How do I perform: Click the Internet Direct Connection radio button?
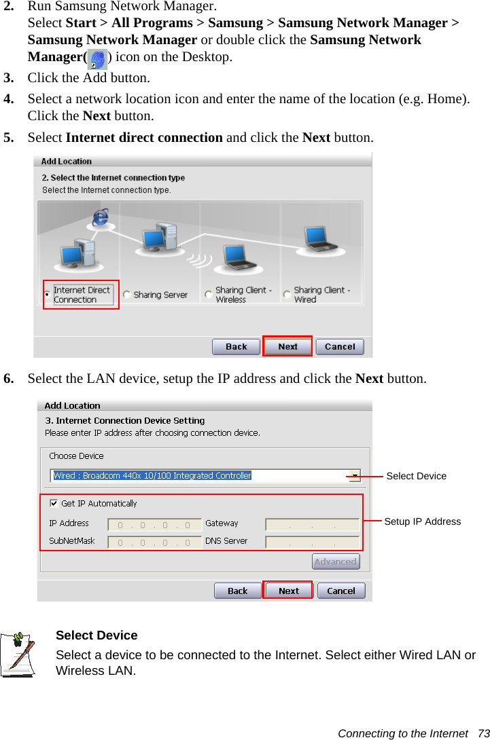point(47,295)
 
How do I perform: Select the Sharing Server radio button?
point(127,295)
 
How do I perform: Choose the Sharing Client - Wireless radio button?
point(209,295)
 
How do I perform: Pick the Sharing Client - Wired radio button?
point(287,295)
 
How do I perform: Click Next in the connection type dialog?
point(287,346)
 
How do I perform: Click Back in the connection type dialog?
point(236,346)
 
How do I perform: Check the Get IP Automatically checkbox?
point(54,503)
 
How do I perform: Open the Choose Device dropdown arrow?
point(355,475)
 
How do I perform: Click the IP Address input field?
point(154,524)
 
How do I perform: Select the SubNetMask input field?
point(154,542)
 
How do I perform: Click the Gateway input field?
point(312,524)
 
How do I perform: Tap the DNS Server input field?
point(312,542)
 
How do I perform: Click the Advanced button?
point(336,561)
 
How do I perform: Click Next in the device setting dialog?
point(289,591)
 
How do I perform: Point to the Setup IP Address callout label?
point(422,521)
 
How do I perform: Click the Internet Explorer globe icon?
point(101,217)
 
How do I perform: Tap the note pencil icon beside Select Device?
point(19,654)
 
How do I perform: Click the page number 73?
point(483,733)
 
